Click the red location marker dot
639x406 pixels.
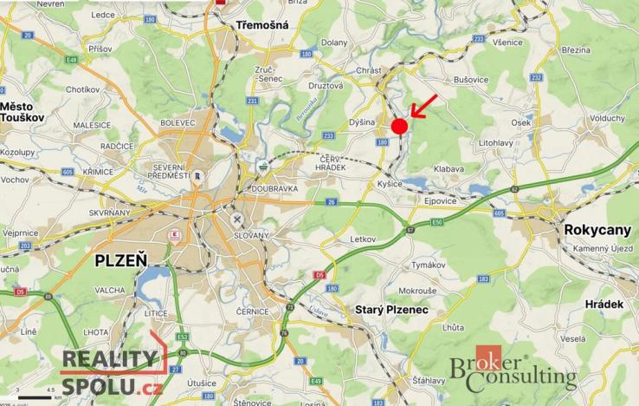pyautogui.click(x=399, y=127)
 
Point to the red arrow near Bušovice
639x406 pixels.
pyautogui.click(x=423, y=106)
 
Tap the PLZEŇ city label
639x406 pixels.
pyautogui.click(x=121, y=259)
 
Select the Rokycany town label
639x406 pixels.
pyautogui.click(x=597, y=230)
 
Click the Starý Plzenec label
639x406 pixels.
pyautogui.click(x=393, y=309)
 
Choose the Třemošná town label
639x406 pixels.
pyautogui.click(x=262, y=26)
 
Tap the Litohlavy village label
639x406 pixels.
pyautogui.click(x=497, y=141)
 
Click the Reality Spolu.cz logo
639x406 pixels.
pyautogui.click(x=109, y=370)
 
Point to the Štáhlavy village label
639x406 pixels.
pyautogui.click(x=429, y=380)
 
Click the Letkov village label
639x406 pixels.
pyautogui.click(x=365, y=238)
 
